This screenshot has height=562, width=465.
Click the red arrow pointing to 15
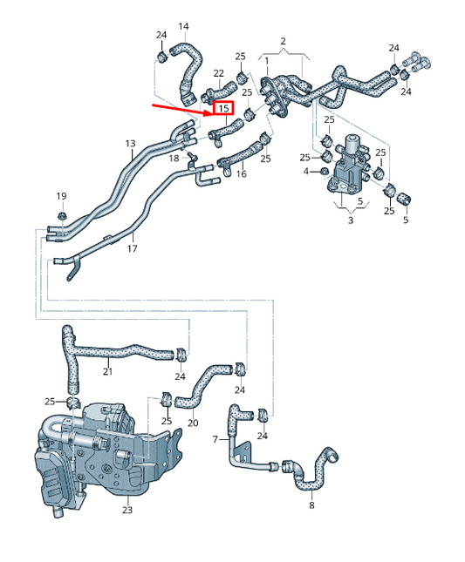click(x=180, y=106)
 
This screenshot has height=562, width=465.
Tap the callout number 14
click(x=183, y=26)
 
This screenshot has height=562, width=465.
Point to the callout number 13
click(x=130, y=143)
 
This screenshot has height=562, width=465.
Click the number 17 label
click(x=133, y=248)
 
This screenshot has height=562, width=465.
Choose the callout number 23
click(x=127, y=511)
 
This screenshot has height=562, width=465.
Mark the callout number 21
click(x=107, y=372)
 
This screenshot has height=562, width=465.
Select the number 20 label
click(x=193, y=423)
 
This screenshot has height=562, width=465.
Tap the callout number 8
click(x=311, y=504)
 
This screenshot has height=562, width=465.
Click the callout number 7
click(x=215, y=440)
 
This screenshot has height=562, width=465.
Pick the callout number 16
click(x=242, y=174)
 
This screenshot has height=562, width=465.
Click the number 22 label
click(x=218, y=73)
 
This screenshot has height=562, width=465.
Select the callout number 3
click(x=351, y=221)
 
